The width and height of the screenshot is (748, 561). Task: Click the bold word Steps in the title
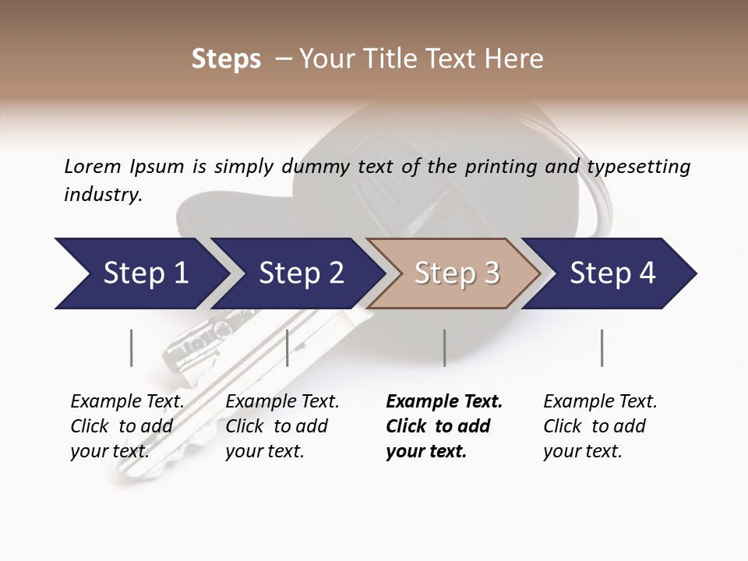[x=226, y=59]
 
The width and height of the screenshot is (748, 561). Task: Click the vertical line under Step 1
[x=132, y=348]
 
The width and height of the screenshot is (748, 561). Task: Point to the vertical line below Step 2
[x=288, y=348]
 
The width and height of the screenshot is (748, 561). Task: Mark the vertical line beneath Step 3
[x=444, y=348]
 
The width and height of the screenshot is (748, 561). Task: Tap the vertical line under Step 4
[x=602, y=348]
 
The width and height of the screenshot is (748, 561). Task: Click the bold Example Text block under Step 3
[x=444, y=426]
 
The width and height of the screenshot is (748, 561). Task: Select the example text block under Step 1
[x=127, y=426]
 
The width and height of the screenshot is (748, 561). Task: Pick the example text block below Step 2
[x=282, y=426]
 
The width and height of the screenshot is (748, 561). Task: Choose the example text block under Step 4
[x=600, y=426]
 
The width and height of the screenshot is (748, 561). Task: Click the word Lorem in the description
[x=93, y=166]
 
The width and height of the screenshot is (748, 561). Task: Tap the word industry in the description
[x=103, y=195]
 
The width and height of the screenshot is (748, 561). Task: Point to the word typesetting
[x=638, y=167]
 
